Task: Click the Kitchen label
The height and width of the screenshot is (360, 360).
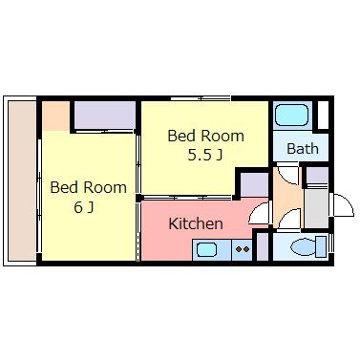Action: [196, 223]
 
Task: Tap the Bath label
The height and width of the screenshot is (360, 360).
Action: [303, 149]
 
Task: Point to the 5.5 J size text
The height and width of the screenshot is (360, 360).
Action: [204, 155]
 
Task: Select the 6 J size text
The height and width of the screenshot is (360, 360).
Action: [84, 207]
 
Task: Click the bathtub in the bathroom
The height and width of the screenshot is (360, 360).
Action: [291, 116]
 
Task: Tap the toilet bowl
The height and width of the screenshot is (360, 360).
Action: [308, 246]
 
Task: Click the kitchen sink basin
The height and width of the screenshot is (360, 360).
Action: [207, 249]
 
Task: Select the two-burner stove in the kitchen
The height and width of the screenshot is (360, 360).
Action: [242, 250]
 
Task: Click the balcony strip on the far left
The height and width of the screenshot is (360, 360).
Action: [22, 180]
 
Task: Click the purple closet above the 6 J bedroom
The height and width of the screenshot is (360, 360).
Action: [105, 115]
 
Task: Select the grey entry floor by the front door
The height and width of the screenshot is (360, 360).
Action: [316, 208]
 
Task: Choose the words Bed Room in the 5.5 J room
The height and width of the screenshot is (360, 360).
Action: [205, 136]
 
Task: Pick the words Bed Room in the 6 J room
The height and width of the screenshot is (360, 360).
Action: [88, 187]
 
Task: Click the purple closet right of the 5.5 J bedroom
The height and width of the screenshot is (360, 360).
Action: [254, 184]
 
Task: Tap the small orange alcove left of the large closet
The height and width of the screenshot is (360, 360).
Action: [56, 116]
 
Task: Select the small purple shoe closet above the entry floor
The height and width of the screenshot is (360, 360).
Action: [317, 176]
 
